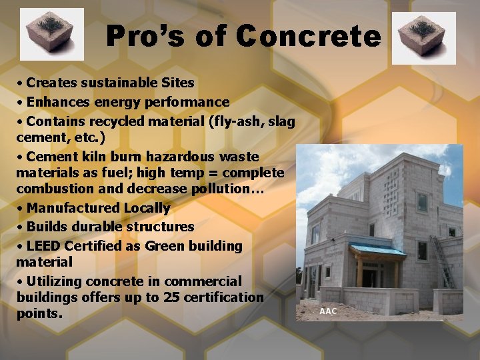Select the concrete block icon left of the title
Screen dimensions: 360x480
click(x=52, y=34)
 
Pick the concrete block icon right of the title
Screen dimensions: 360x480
click(x=423, y=38)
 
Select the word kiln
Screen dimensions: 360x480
click(x=89, y=157)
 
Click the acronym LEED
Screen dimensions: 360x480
click(x=45, y=246)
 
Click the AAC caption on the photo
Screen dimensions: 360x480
click(x=329, y=311)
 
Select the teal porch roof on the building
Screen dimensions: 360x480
click(x=377, y=250)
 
